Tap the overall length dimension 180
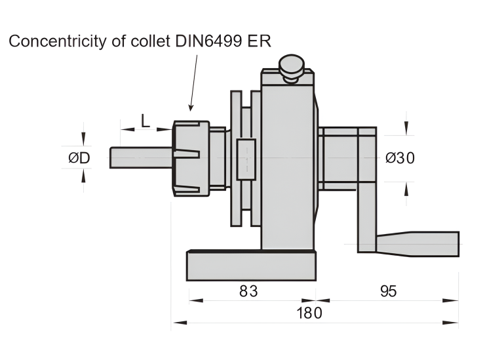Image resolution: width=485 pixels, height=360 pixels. [x=309, y=313]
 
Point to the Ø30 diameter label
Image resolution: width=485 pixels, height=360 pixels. [x=400, y=158]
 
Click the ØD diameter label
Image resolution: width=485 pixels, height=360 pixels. [x=79, y=158]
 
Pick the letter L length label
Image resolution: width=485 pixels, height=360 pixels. [x=145, y=120]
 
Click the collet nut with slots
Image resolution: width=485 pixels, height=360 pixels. [x=191, y=158]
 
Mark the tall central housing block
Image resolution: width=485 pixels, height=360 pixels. [x=288, y=164]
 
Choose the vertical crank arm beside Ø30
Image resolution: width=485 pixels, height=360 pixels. [x=366, y=190]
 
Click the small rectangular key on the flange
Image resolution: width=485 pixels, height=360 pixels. [x=246, y=159]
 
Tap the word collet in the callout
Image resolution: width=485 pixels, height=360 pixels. [x=149, y=41]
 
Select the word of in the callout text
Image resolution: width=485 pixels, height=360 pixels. [x=117, y=41]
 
